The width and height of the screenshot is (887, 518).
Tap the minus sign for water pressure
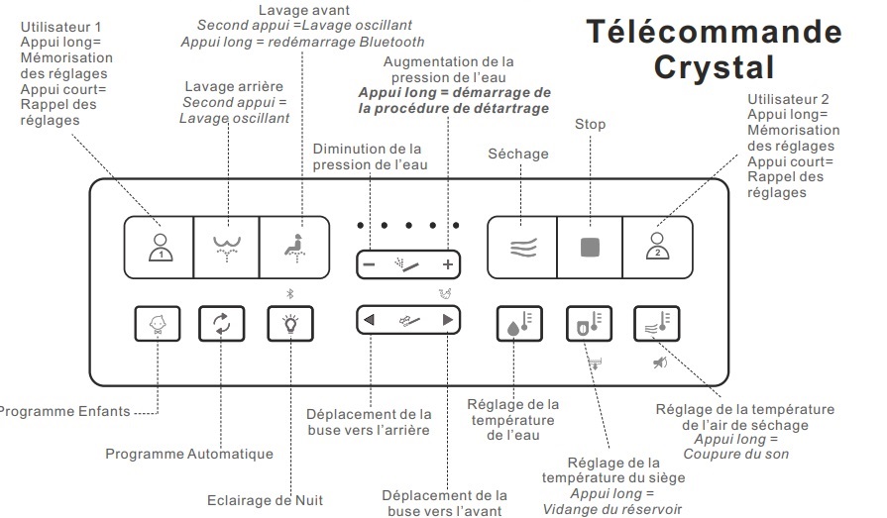[369, 264]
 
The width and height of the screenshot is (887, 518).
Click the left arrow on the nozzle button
[369, 319]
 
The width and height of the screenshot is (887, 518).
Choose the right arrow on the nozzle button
[448, 319]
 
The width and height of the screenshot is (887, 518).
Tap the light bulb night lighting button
[290, 324]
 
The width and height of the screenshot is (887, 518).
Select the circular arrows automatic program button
[221, 324]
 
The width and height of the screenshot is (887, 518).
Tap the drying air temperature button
[656, 324]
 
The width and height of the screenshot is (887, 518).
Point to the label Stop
[590, 125]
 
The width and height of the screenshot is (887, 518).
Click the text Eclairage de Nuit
[265, 500]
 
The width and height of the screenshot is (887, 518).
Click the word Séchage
[518, 154]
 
